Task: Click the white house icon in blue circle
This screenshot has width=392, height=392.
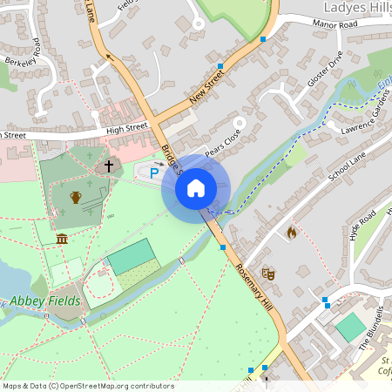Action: (196, 188)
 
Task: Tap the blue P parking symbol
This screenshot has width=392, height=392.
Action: (154, 172)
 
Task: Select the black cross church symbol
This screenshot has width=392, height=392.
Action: (110, 165)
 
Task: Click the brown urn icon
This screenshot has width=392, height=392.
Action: (76, 197)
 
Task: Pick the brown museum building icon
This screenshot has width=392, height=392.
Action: (62, 239)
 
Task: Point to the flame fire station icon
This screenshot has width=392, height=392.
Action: (291, 233)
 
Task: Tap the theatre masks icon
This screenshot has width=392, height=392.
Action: (269, 274)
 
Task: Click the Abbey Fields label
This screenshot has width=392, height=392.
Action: (45, 301)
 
